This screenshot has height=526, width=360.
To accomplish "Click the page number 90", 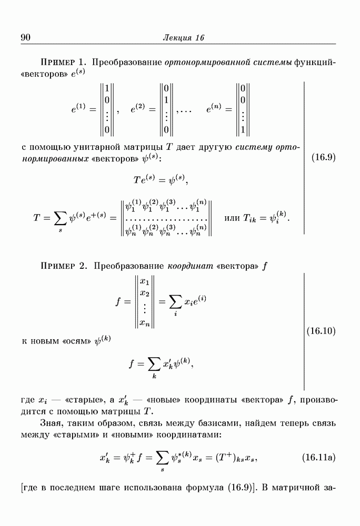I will [x=27, y=37].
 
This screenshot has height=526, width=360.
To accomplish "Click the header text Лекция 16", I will [x=184, y=37].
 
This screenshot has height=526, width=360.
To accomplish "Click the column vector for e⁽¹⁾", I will [x=107, y=109].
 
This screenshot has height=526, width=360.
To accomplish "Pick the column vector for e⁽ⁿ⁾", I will [x=242, y=109].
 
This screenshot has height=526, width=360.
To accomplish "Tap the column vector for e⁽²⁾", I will [x=166, y=109].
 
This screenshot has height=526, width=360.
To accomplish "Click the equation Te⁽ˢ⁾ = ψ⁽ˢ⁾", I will [x=161, y=180].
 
